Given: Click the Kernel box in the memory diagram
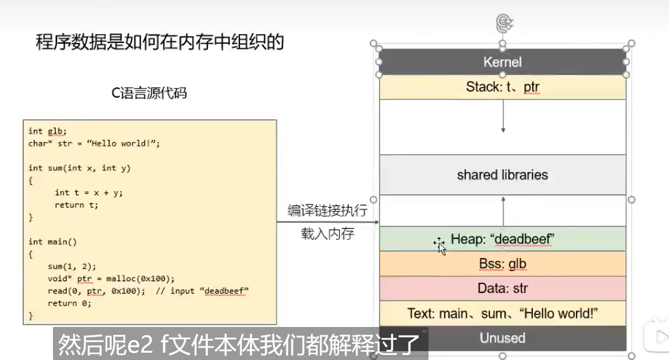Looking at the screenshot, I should (502, 62).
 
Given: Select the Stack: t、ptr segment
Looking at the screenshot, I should (502, 87).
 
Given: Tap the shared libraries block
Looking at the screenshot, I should (502, 175).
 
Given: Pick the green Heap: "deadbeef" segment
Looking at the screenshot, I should (502, 239).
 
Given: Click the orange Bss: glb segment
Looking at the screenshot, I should (502, 264).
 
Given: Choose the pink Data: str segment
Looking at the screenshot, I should (502, 289).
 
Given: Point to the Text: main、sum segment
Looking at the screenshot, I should (502, 313).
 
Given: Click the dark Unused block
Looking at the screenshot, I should (502, 338).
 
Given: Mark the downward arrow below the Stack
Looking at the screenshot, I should (503, 117).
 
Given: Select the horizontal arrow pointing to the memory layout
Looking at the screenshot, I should (328, 222).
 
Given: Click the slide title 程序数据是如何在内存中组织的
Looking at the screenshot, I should (159, 42).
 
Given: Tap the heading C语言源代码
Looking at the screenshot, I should (149, 93).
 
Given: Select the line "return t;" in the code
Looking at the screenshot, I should (76, 205).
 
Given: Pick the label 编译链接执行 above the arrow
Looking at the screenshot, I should (327, 211).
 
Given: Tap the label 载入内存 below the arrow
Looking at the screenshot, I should (327, 234).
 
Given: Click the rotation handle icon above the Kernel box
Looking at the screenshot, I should (502, 22).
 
